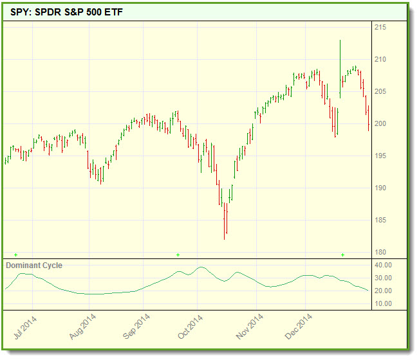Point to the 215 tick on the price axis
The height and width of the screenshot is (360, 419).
tap(380, 28)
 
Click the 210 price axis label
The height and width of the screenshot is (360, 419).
tap(380, 60)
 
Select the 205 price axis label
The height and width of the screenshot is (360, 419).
tap(380, 92)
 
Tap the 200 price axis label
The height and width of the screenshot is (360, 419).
tap(380, 124)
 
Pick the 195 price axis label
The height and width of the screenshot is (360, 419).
tap(380, 156)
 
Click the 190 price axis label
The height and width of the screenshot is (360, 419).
tap(380, 188)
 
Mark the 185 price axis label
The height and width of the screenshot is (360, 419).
tap(380, 221)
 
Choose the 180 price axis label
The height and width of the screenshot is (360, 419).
tap(380, 252)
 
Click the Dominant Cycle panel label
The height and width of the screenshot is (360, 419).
tap(34, 265)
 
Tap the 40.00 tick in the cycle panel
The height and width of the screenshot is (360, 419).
tap(383, 265)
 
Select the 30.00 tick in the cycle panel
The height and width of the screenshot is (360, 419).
tap(383, 278)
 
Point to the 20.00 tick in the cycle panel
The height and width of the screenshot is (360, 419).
tap(383, 291)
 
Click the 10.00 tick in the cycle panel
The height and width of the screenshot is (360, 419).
tap(383, 303)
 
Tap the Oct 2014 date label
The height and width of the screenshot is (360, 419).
tap(191, 325)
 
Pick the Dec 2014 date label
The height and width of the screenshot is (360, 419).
tap(299, 325)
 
